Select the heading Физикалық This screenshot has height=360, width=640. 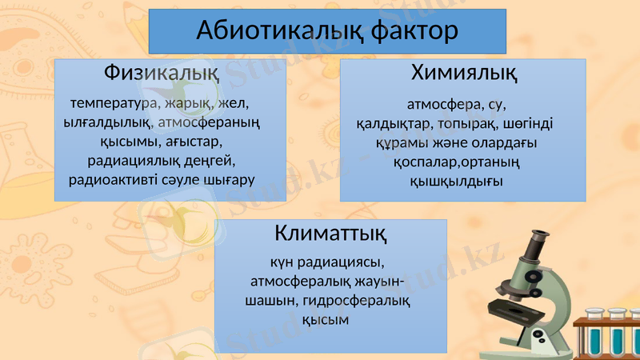click(x=162, y=74)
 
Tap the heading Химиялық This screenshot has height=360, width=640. click(x=463, y=74)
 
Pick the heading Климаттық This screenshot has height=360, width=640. click(x=330, y=234)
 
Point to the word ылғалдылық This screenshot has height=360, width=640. click(x=107, y=122)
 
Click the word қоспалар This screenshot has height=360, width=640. click(x=424, y=162)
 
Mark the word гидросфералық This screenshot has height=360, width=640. click(x=367, y=301)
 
